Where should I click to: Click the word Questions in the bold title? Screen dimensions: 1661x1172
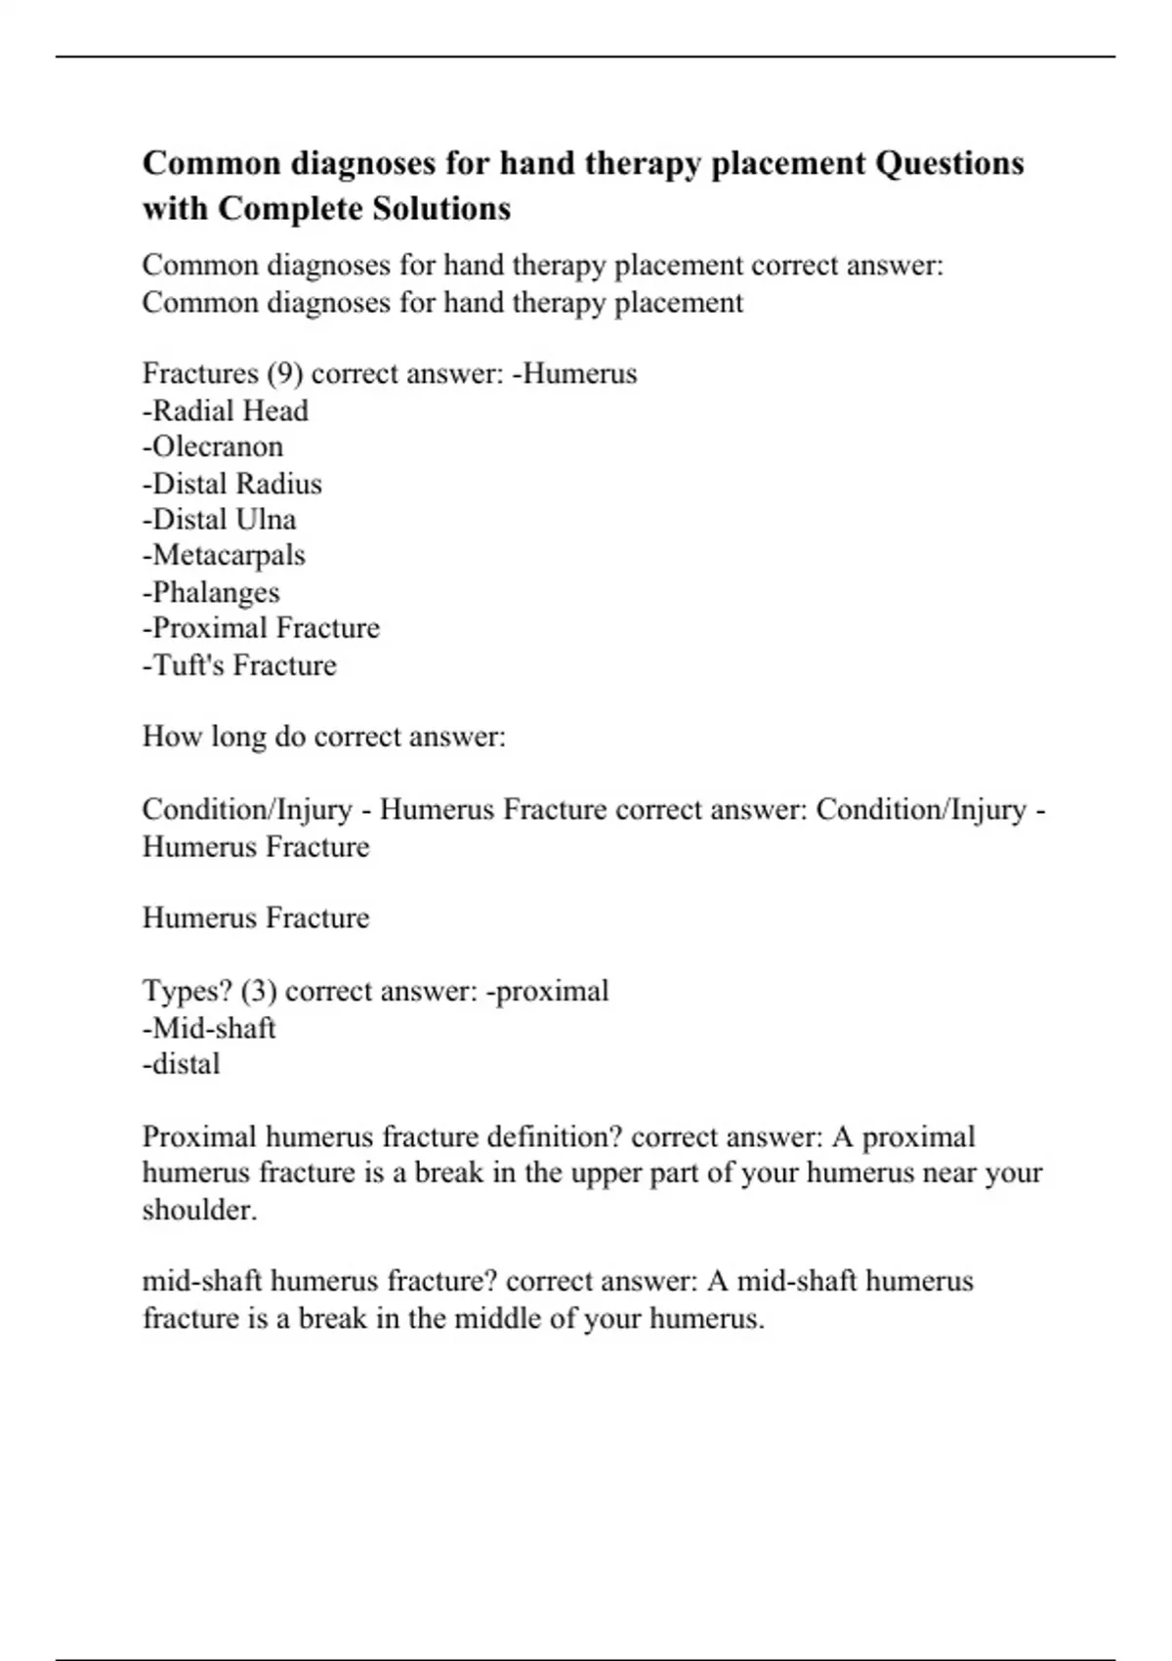(949, 163)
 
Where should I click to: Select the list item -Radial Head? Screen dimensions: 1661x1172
(226, 410)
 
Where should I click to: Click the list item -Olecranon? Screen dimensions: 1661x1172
(213, 447)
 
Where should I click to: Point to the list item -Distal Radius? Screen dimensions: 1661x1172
(231, 484)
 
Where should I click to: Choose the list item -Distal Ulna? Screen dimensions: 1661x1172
(219, 519)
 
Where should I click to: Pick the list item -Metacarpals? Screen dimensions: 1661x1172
(224, 555)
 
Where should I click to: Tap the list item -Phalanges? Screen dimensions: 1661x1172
(211, 592)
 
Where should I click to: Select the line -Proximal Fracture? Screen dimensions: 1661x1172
(261, 627)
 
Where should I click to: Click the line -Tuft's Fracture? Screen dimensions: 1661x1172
(239, 664)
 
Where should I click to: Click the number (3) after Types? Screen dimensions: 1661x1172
(259, 991)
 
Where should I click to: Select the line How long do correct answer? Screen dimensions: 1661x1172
(324, 736)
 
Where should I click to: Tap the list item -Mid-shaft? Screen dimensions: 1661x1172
(209, 1028)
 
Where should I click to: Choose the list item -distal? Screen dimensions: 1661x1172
(181, 1063)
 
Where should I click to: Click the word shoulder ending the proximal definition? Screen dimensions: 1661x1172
(198, 1210)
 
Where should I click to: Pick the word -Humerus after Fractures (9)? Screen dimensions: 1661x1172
(574, 374)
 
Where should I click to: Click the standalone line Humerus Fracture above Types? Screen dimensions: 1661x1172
(256, 917)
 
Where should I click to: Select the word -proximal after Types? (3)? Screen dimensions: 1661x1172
(548, 991)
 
